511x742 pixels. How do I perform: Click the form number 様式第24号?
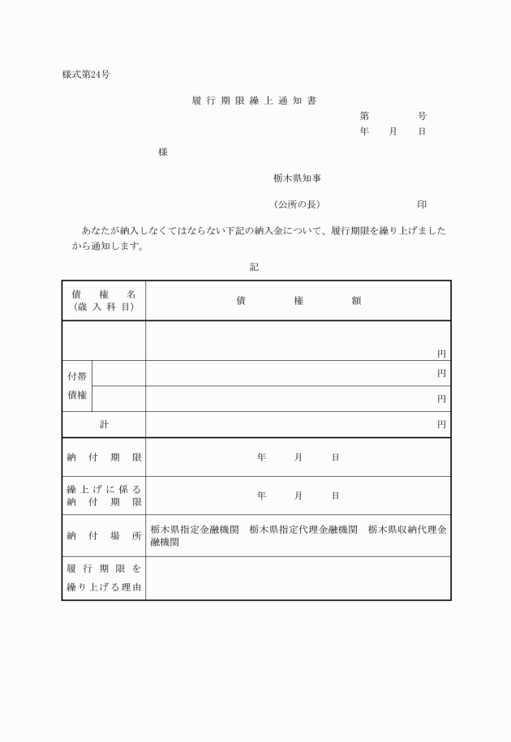[x=86, y=75]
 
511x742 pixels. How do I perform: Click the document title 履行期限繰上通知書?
[x=255, y=101]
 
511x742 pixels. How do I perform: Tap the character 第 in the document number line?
[x=364, y=116]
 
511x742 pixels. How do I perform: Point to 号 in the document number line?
[x=422, y=116]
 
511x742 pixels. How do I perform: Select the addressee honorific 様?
[x=163, y=152]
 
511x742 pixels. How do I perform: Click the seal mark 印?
[x=422, y=204]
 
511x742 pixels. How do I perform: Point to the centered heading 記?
[x=254, y=265]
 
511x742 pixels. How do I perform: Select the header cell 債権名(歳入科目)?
[x=104, y=300]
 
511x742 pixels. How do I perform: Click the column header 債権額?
[x=298, y=300]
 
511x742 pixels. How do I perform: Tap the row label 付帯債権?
[x=78, y=386]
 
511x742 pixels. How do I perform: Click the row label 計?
[x=104, y=424]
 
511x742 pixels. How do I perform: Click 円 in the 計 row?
[x=441, y=424]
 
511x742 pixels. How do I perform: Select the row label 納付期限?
[x=104, y=457]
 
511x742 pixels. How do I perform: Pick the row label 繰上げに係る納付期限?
[x=104, y=495]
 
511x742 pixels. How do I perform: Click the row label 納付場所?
[x=104, y=535]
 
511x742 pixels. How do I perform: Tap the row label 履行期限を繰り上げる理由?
[x=104, y=578]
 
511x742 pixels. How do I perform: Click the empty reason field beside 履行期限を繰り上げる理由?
[x=298, y=578]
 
